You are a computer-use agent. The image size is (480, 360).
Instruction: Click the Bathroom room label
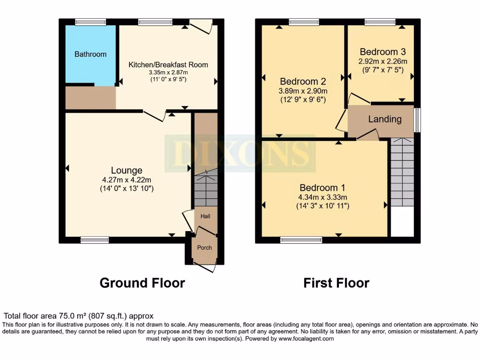[90, 54]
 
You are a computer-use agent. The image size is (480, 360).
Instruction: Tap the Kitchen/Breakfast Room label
[168, 65]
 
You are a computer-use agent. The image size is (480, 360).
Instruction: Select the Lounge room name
[127, 170]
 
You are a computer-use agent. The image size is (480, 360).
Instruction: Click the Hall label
[205, 216]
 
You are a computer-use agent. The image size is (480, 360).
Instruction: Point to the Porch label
[204, 247]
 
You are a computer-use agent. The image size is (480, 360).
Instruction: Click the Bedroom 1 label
[319, 188]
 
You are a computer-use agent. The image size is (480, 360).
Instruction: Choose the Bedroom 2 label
[303, 81]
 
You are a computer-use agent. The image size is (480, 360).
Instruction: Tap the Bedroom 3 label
[382, 52]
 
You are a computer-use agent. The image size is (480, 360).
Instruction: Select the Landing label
[384, 119]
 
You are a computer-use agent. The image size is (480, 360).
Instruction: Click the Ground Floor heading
[142, 283]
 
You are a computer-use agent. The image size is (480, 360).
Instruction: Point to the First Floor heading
[336, 283]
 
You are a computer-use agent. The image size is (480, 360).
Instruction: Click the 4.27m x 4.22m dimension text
[127, 180]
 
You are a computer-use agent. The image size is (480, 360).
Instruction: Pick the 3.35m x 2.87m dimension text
[168, 73]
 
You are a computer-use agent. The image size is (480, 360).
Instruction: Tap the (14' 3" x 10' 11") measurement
[323, 205]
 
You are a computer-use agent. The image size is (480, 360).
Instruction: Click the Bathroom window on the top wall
[91, 22]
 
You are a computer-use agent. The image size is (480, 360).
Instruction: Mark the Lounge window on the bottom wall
[95, 240]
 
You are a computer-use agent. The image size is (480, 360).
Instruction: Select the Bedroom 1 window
[301, 240]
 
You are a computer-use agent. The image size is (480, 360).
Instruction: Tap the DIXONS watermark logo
[239, 153]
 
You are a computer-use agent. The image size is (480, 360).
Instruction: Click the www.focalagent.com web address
[306, 338]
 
